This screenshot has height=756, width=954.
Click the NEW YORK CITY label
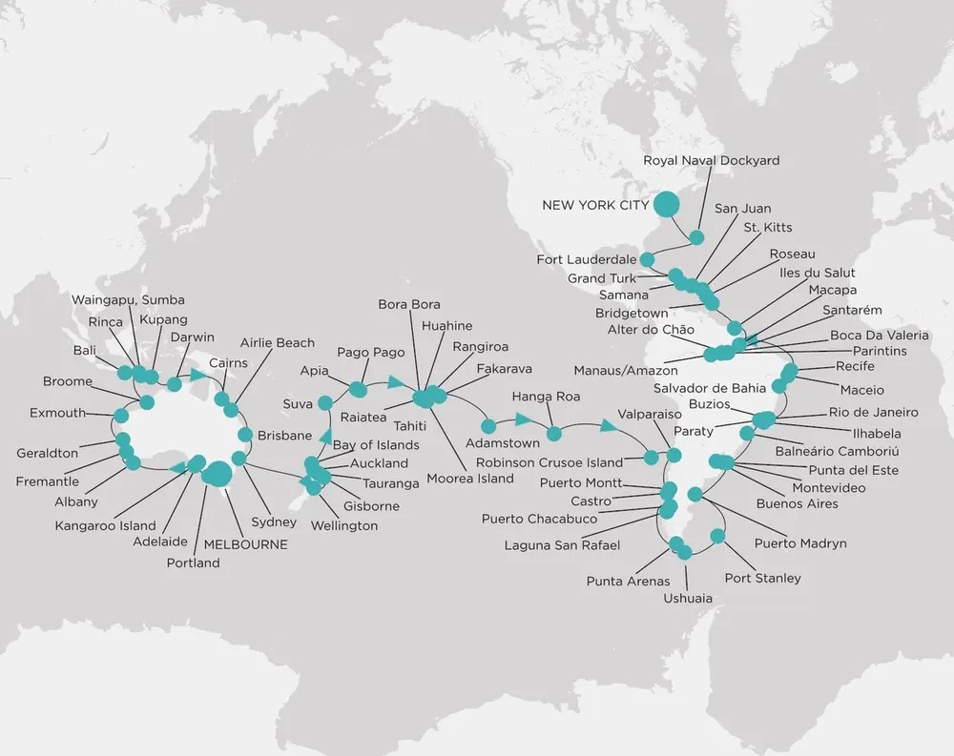coord(594,205)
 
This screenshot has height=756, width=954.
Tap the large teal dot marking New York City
coord(665,204)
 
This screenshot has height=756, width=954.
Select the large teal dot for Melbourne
coord(217,474)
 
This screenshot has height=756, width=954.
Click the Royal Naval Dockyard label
coord(711,160)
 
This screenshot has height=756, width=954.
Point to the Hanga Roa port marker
coord(554,434)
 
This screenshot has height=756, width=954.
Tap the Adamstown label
coord(502,443)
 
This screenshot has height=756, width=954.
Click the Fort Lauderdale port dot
coord(647,259)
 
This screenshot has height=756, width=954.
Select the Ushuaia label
coord(688,599)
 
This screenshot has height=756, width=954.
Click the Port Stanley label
coord(762,578)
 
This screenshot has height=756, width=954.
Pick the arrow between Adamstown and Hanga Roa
coord(522,419)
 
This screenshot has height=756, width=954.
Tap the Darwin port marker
coord(174,384)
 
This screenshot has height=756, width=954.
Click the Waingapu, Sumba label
coord(128,300)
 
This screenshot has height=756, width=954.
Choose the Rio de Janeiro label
coord(873,412)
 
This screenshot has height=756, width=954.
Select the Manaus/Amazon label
coord(626,370)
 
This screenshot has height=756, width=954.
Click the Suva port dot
coord(325,402)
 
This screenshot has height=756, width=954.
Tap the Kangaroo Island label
coord(105,525)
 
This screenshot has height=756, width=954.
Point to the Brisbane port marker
coord(245,435)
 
